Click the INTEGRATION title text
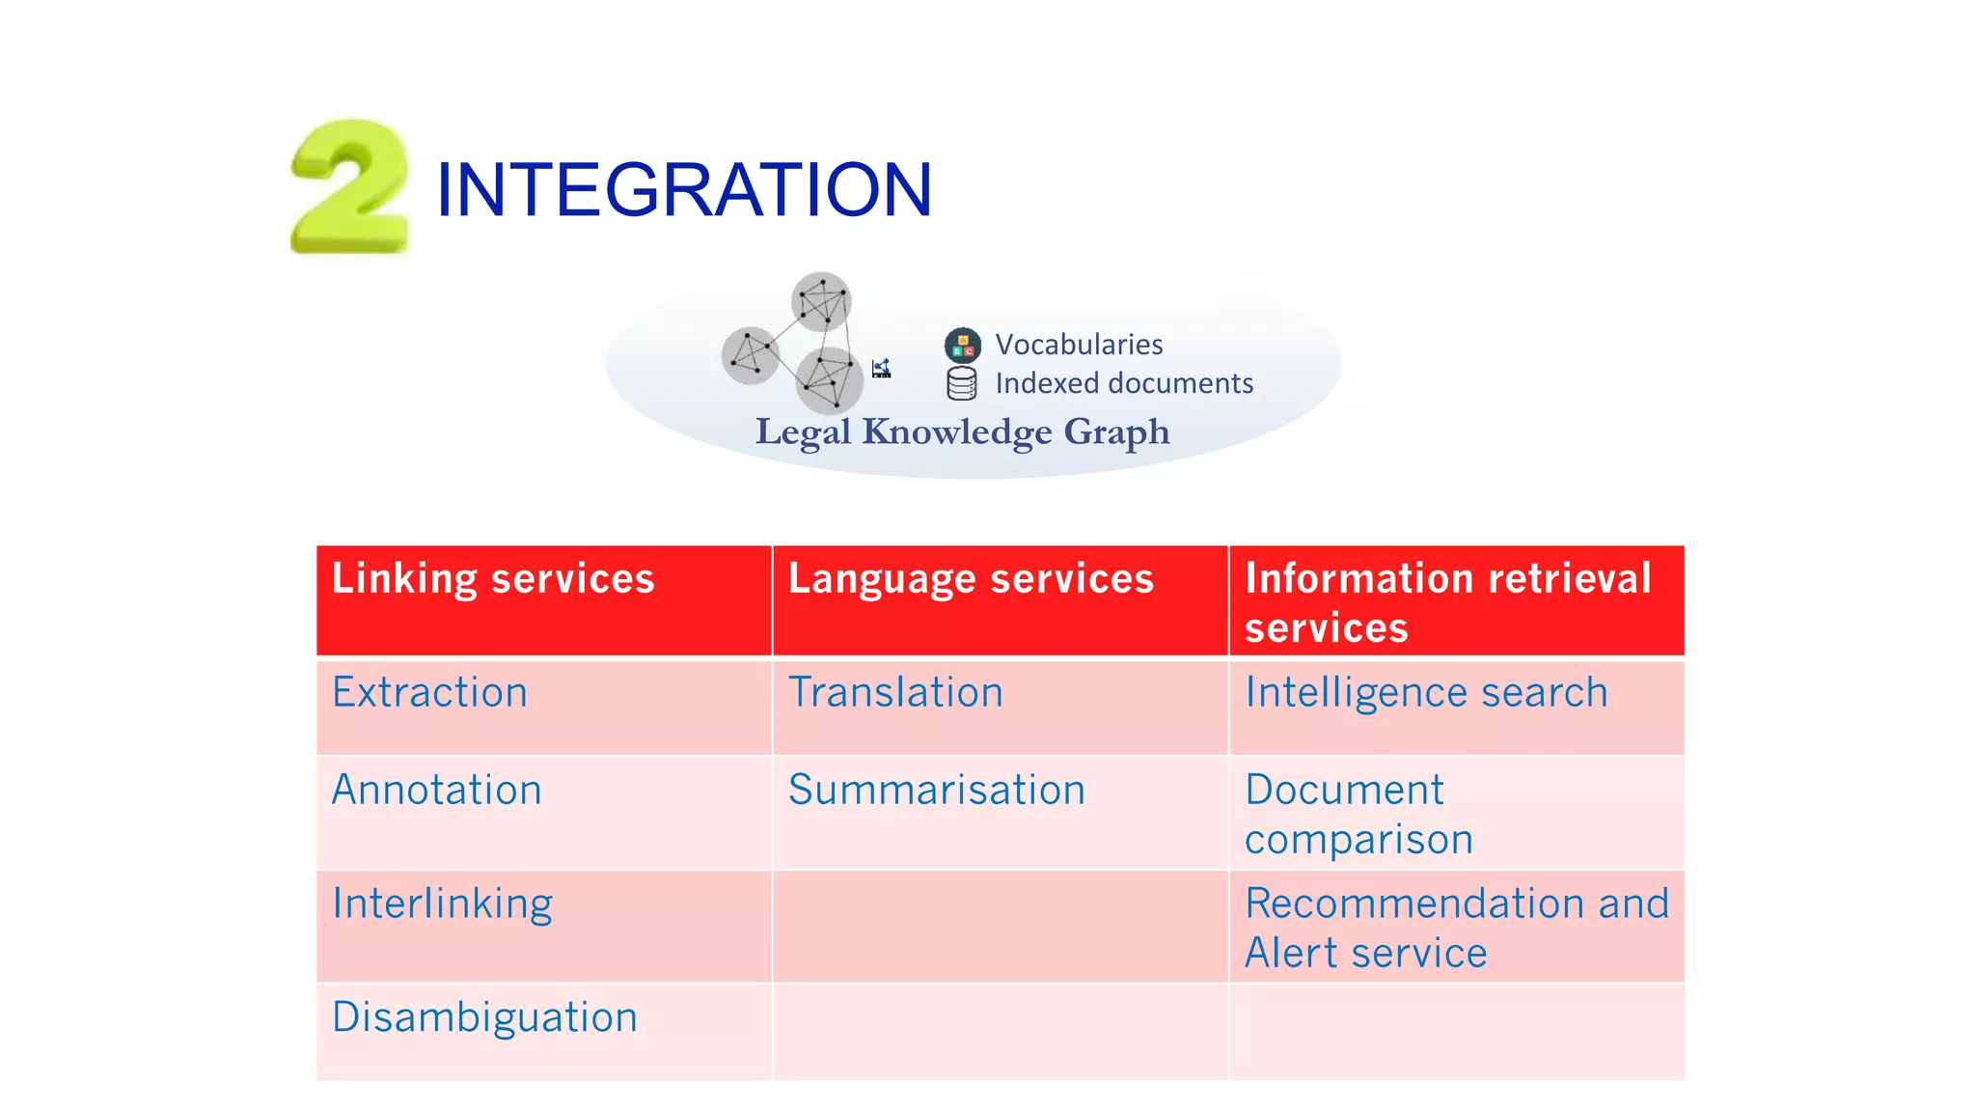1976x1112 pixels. [683, 189]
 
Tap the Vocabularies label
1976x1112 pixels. [1078, 345]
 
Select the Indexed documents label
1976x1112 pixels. [1123, 383]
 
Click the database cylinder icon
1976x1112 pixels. [961, 383]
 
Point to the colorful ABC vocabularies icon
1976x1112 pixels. [962, 345]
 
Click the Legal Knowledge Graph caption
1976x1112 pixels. [962, 431]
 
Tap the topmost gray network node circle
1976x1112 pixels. [821, 301]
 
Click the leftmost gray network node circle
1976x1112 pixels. [750, 355]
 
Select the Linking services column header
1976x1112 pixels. [493, 579]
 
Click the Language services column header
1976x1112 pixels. [970, 579]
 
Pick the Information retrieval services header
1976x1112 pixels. [1447, 602]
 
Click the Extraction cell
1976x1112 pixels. [429, 693]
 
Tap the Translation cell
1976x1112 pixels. [895, 693]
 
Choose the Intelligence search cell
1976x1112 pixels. [1425, 693]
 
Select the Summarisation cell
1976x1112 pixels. [936, 791]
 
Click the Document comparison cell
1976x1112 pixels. [1358, 814]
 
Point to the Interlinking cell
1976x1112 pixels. [442, 904]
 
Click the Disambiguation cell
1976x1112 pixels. [484, 1017]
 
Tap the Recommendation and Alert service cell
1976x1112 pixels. [1455, 928]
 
